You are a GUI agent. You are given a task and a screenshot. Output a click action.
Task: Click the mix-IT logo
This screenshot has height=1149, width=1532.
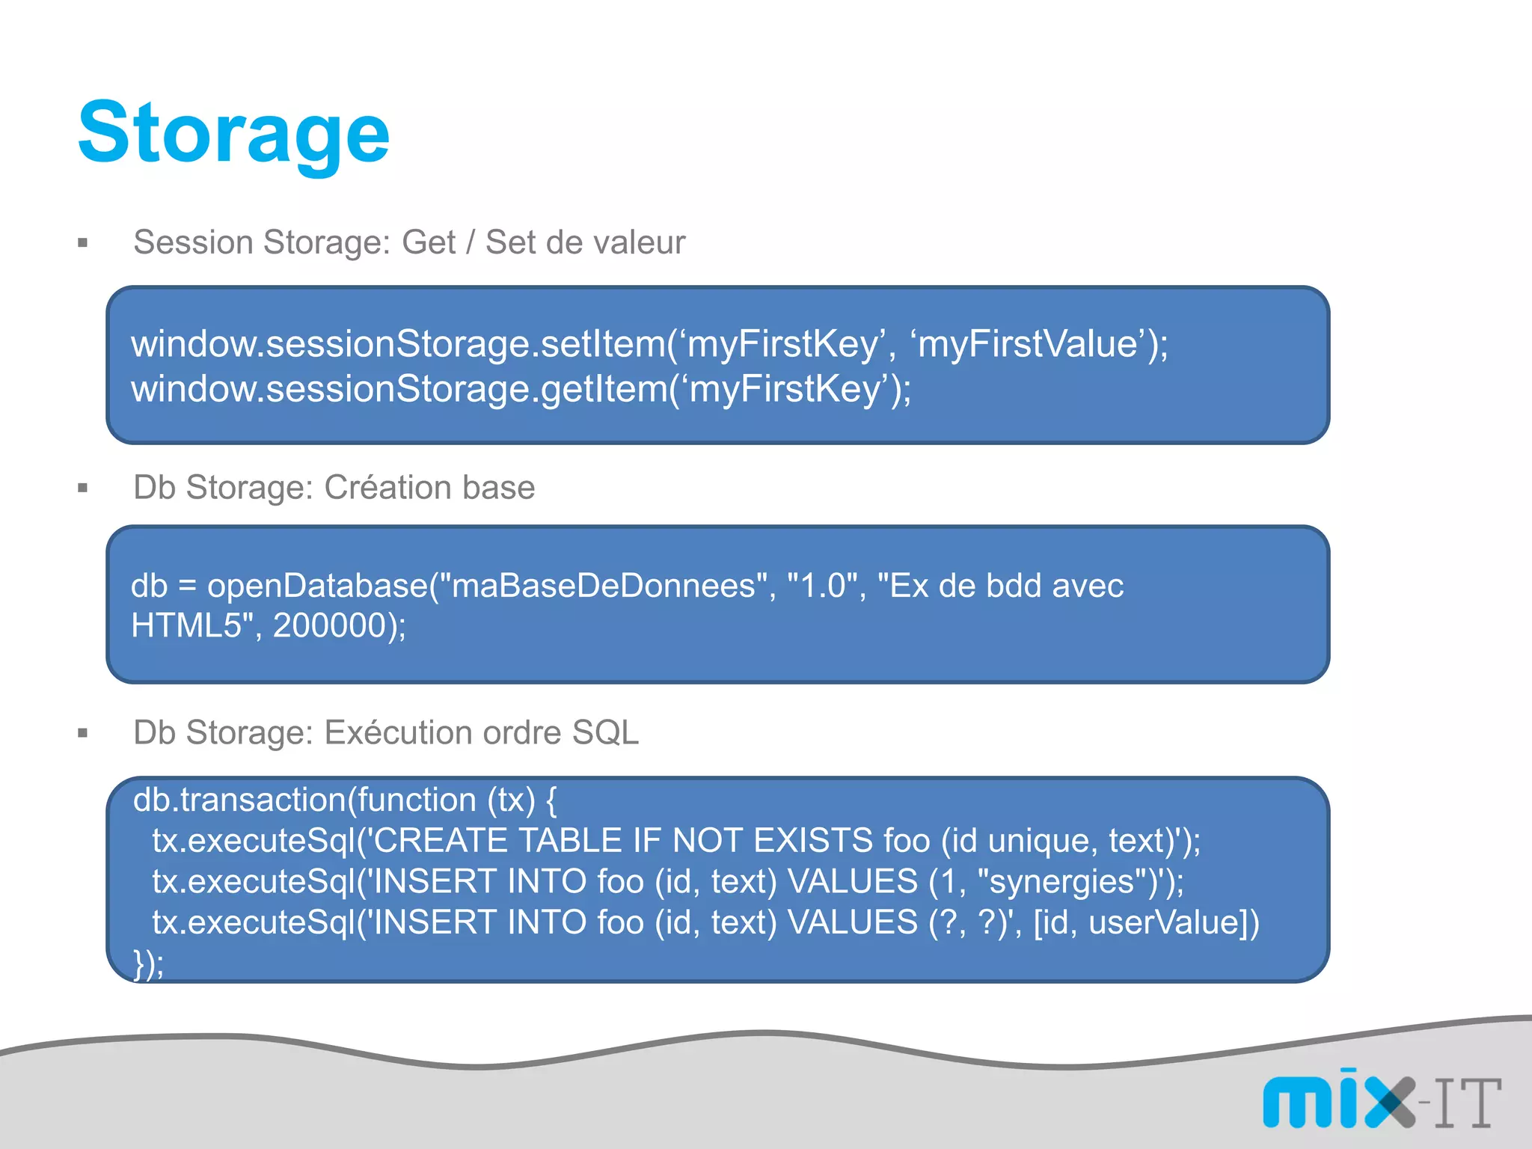(1381, 1101)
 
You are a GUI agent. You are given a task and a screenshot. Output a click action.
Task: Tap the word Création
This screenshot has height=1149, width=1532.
(387, 488)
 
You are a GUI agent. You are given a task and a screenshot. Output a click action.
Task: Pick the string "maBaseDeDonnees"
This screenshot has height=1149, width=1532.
(603, 586)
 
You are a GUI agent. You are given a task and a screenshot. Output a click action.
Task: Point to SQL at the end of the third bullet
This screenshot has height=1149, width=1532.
(605, 733)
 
